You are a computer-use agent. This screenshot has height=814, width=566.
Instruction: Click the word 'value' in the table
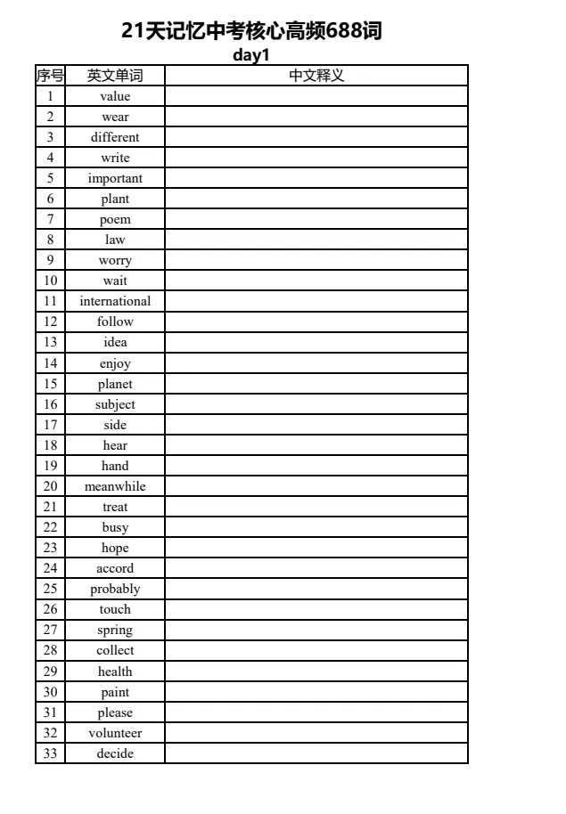115,96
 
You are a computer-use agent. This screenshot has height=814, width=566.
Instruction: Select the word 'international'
115,301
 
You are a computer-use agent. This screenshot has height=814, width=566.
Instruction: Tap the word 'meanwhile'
115,486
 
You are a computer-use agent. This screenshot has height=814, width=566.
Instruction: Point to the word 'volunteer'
115,733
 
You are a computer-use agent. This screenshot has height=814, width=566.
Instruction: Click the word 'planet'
115,384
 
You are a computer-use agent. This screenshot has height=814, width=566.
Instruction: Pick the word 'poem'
115,219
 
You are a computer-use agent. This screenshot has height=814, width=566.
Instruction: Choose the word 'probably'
115,589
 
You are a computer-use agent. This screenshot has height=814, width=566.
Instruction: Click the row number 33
50,753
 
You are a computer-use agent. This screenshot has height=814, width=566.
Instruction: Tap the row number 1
50,96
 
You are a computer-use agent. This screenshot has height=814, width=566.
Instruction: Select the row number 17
50,425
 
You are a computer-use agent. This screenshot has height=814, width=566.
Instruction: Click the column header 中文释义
316,76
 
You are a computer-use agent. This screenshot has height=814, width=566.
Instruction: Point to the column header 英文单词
115,76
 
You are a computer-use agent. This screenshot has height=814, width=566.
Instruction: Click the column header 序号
50,76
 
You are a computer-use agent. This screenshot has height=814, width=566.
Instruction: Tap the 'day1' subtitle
251,55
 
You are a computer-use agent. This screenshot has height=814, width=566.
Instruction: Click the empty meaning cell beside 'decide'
316,753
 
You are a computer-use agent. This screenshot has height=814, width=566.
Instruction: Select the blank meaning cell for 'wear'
316,117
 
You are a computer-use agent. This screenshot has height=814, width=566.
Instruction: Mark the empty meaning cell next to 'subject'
316,404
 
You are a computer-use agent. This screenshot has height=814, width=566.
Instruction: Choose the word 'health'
115,672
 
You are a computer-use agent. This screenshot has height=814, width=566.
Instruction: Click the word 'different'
115,137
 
